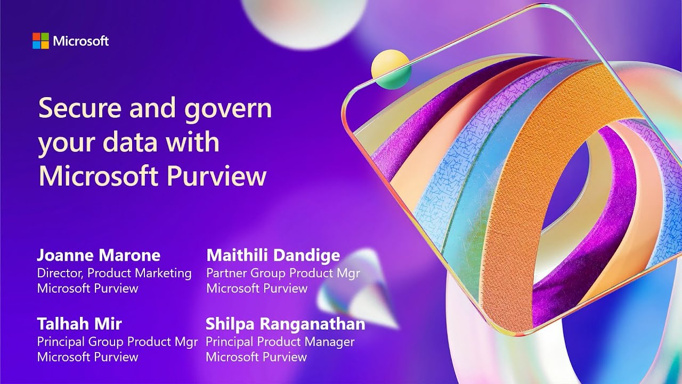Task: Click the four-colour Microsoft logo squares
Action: [40, 41]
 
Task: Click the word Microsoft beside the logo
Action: [81, 41]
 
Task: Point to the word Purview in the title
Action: [219, 177]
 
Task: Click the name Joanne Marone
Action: [99, 255]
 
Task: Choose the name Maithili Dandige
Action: [273, 255]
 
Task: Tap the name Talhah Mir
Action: [79, 323]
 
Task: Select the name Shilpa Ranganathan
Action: [285, 323]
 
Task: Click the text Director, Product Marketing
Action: [114, 273]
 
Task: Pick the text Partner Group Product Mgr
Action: [283, 273]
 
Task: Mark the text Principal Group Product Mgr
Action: [117, 341]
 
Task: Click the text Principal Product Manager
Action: [280, 341]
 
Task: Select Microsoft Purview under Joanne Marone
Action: [87, 289]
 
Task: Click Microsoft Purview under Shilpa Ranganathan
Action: [256, 357]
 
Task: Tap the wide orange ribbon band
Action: [533, 213]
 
